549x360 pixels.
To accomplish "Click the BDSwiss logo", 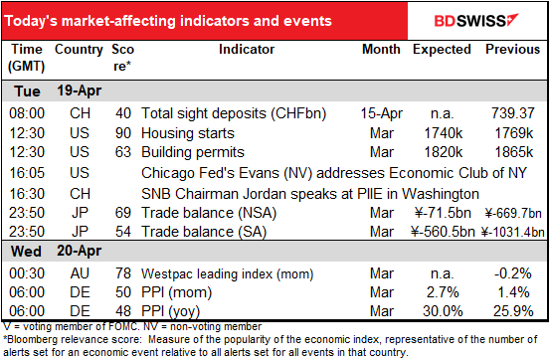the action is [476, 20].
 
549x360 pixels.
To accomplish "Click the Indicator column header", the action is [247, 49].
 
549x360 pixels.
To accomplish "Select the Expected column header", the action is [442, 50].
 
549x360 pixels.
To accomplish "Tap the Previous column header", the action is [512, 49].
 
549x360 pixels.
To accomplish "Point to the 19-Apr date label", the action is [80, 90].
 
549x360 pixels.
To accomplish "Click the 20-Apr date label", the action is [80, 251].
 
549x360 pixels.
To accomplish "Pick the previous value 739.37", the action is [513, 113].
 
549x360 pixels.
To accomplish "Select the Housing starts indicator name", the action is [188, 133].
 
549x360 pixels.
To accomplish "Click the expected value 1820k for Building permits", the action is [444, 152].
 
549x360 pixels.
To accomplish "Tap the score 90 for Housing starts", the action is [123, 133].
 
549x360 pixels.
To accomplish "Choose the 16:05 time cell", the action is [27, 173].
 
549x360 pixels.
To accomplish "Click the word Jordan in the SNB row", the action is [262, 194].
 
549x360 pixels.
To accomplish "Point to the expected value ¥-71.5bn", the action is [443, 213].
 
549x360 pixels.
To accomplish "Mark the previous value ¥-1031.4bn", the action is [512, 232].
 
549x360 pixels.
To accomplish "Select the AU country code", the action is [80, 273].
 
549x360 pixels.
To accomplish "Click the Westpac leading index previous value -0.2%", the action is [513, 273].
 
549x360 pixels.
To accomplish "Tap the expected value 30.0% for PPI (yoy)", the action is [443, 311].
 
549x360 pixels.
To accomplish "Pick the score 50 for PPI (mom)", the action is [123, 292].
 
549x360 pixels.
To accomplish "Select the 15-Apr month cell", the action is [382, 113].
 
